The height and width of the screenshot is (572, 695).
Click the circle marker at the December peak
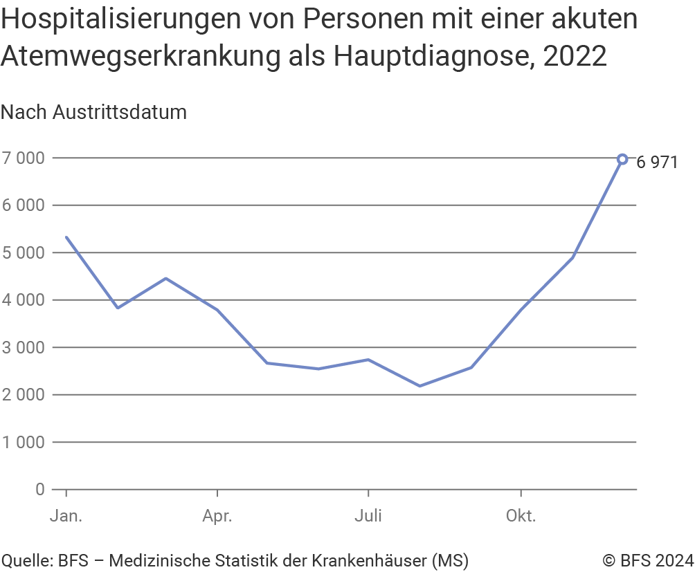[x=622, y=159]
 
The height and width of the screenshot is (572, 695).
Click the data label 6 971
[x=656, y=163]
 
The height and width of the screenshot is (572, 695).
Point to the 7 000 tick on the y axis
[x=24, y=158]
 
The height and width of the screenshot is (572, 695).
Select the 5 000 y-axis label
[x=24, y=252]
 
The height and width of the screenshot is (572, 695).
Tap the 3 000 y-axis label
[x=24, y=347]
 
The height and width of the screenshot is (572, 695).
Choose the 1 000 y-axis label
[x=24, y=442]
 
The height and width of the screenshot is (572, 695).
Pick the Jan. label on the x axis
[x=66, y=517]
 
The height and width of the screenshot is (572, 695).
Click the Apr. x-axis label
[x=217, y=517]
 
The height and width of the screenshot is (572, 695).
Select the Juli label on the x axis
[x=368, y=517]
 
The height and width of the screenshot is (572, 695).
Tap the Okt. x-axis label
[x=520, y=517]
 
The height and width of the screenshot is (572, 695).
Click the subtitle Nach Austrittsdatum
[x=94, y=112]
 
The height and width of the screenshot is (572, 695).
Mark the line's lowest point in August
[x=419, y=385]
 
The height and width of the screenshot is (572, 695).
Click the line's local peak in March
[x=167, y=278]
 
